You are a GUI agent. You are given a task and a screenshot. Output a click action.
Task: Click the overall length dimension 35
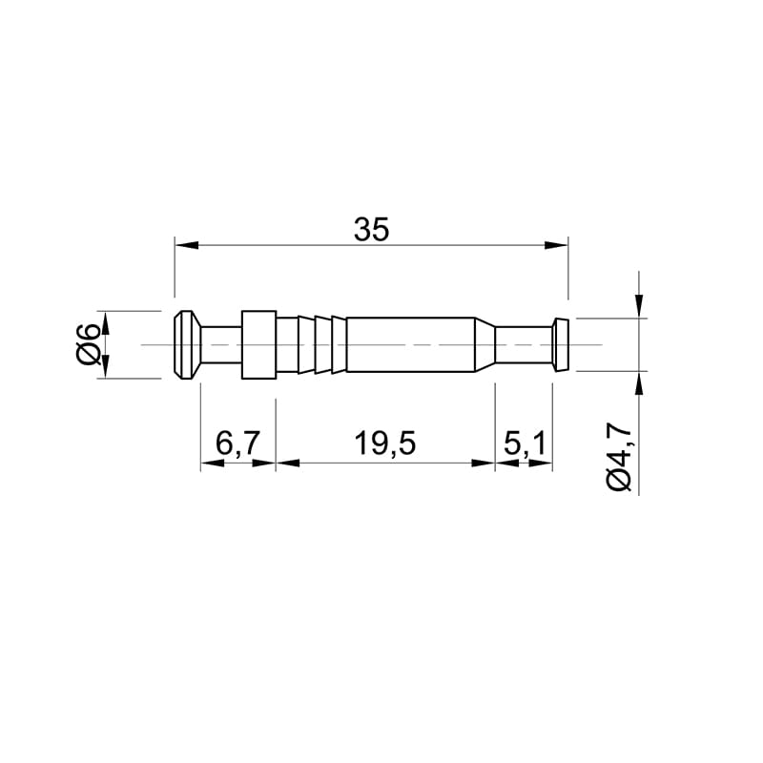tap(372, 230)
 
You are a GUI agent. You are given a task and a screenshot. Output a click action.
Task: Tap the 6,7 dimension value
tap(238, 443)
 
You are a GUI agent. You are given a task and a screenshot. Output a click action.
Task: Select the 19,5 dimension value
tap(385, 443)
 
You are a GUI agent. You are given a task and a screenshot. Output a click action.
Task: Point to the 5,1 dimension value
tap(525, 443)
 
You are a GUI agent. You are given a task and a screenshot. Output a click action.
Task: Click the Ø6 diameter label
tap(88, 344)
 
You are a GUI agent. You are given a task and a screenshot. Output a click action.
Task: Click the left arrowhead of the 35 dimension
tap(187, 245)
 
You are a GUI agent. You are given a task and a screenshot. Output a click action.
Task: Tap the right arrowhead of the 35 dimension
tap(556, 245)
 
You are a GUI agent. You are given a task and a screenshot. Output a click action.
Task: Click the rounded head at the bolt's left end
tap(187, 344)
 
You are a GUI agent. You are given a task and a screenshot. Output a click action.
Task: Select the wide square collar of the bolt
tap(258, 344)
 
